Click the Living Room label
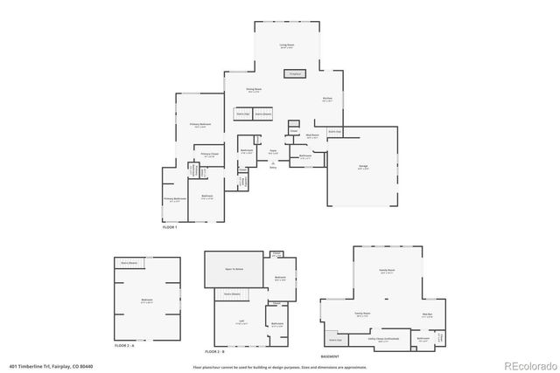[x=285, y=46]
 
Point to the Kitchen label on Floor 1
[x=327, y=98]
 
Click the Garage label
[x=361, y=168]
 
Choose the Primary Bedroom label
[x=200, y=125]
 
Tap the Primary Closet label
[x=208, y=154]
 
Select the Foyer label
[x=274, y=152]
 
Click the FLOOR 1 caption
[x=170, y=227]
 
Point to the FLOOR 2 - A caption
[x=127, y=346]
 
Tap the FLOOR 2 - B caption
[x=215, y=350]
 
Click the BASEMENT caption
[x=330, y=356]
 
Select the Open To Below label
[x=234, y=270]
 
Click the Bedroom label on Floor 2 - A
[x=147, y=300]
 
